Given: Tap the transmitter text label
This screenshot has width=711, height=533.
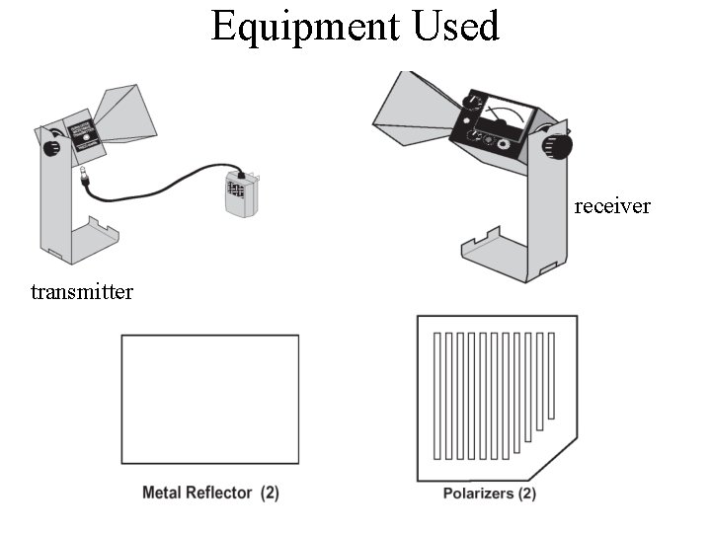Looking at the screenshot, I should click(x=82, y=291).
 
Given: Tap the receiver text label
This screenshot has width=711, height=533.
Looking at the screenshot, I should click(x=612, y=206).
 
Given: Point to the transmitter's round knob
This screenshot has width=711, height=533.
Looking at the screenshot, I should click(x=50, y=147).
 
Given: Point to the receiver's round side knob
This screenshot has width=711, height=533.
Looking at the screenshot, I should click(x=559, y=145).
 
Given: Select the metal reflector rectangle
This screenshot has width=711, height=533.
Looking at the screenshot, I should click(x=209, y=400).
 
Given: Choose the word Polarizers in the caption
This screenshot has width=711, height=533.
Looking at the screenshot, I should click(x=478, y=493).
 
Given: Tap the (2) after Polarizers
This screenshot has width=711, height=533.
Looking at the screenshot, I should click(x=526, y=493).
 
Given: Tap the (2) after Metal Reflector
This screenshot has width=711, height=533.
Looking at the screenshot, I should click(x=270, y=492).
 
